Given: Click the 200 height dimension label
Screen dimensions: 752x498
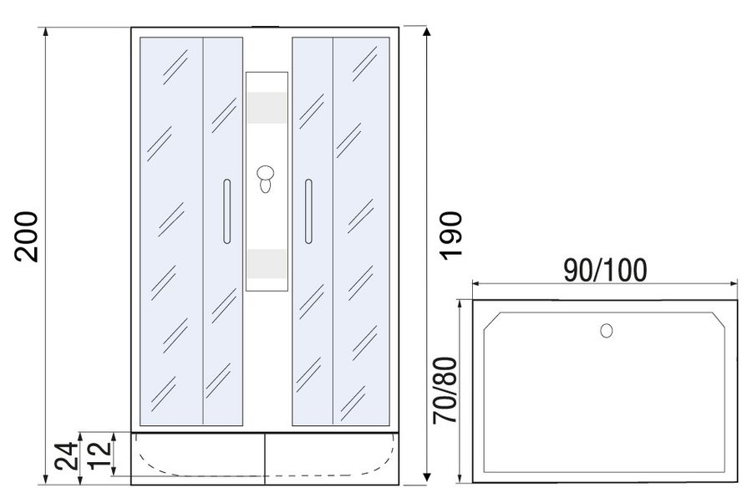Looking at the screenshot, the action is click(x=27, y=236).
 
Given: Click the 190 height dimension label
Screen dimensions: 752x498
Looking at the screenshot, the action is click(x=451, y=236).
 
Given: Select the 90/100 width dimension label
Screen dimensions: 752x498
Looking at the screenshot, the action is click(x=605, y=270).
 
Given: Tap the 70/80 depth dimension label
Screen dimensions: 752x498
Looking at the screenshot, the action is click(x=445, y=390).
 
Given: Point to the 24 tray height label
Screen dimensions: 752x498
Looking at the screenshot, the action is click(x=66, y=456).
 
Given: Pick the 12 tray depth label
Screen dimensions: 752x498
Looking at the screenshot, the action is click(x=99, y=455).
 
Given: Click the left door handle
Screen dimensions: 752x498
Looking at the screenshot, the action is click(x=226, y=211).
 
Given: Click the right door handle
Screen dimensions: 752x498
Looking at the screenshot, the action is click(x=308, y=211).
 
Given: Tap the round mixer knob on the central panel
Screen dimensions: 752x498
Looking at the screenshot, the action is click(x=265, y=173).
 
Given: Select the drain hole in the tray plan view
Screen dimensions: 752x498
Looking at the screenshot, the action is click(x=607, y=331).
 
